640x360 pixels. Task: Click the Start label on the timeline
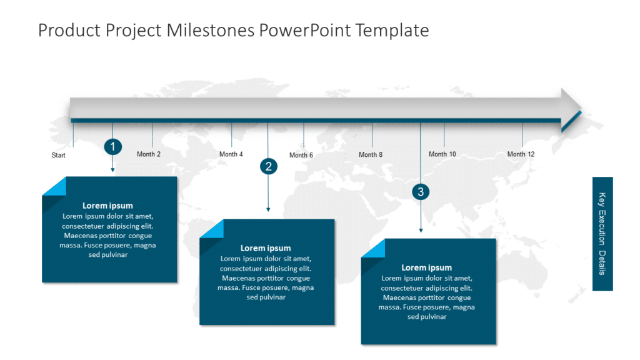pyautogui.click(x=58, y=155)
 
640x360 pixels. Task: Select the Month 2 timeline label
pyautogui.click(x=149, y=154)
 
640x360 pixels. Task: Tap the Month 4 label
pyautogui.click(x=231, y=154)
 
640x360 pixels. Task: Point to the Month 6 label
pyautogui.click(x=301, y=155)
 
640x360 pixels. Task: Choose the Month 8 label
pyautogui.click(x=371, y=155)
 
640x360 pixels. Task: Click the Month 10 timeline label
pyautogui.click(x=442, y=154)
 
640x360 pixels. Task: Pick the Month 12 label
pyautogui.click(x=521, y=154)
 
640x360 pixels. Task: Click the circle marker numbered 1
pyautogui.click(x=112, y=147)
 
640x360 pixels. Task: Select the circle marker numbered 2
pyautogui.click(x=269, y=166)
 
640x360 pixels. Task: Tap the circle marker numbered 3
pyautogui.click(x=421, y=192)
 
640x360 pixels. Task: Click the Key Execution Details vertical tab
pyautogui.click(x=602, y=234)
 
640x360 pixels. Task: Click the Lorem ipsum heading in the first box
pyautogui.click(x=107, y=206)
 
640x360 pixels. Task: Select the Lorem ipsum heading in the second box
pyautogui.click(x=266, y=248)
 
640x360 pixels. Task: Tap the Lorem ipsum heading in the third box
pyautogui.click(x=426, y=268)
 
